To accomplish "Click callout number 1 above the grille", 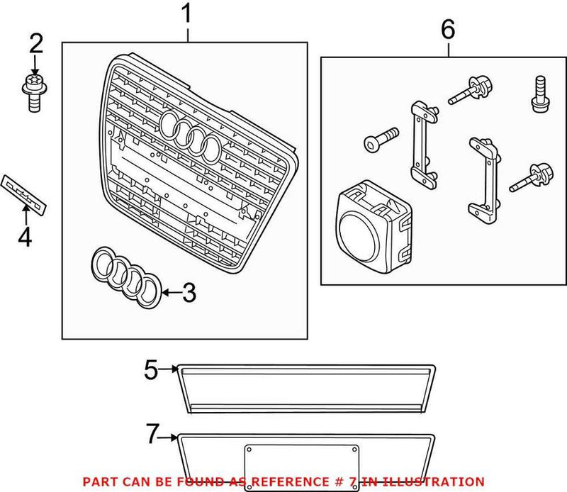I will point(187,14).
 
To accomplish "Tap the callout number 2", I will point(35,44).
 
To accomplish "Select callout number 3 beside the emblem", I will point(188,293).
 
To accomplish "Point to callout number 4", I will point(25,237).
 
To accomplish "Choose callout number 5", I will point(150,369).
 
